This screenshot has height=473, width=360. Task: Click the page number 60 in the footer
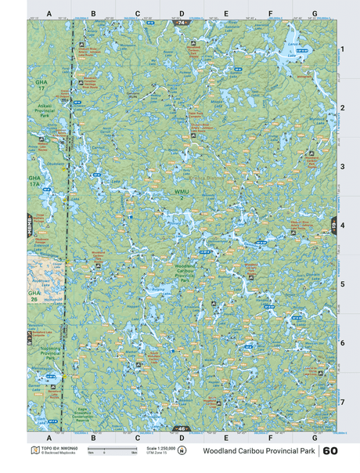pos(329,451)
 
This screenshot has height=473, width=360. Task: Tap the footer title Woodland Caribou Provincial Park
pos(259,451)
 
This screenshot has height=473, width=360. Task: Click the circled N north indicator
pos(182,451)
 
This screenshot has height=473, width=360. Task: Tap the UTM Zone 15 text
pos(158,453)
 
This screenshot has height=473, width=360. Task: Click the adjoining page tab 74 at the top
pos(182,23)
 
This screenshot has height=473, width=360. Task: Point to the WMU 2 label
pos(182,194)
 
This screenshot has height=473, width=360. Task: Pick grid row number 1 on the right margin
pos(341,49)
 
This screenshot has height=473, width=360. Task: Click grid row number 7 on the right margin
pos(341,402)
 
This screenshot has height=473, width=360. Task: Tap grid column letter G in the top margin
pos(314,13)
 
